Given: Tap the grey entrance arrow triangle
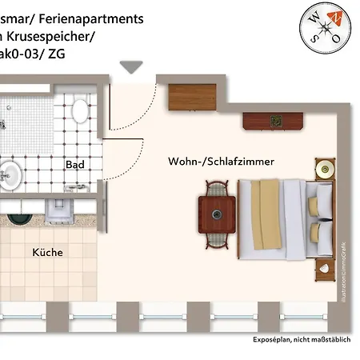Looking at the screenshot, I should pos(128,68).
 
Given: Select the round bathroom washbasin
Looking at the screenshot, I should pos(8,172).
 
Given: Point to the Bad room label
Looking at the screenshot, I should pos(75,165).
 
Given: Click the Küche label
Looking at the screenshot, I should pos(47,252).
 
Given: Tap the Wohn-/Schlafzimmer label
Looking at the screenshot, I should pos(221,162).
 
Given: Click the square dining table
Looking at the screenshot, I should pos(217,214).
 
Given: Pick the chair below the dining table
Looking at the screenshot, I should pos(217,239).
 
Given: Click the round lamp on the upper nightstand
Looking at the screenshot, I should pos(325,170).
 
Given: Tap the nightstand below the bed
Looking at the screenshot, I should pos(325,268).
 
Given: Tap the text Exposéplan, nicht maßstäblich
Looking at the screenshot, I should pos(302,340).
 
